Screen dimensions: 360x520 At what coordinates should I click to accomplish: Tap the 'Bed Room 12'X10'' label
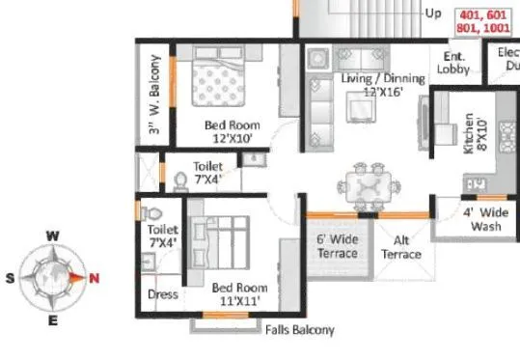232,131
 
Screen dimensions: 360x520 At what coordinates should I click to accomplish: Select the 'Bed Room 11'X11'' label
239,293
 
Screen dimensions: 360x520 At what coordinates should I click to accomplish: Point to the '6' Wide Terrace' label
338,246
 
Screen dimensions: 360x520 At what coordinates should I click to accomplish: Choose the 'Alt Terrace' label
401,247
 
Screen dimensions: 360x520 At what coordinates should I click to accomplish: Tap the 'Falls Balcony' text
299,330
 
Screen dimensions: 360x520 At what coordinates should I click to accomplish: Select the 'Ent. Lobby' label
453,64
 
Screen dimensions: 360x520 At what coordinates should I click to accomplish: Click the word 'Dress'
163,294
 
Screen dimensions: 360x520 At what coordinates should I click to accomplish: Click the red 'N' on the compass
94,278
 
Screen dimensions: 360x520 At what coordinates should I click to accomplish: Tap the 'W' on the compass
55,235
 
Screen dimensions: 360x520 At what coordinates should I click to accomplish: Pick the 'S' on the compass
11,278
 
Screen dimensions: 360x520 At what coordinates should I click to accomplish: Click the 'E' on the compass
53,320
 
